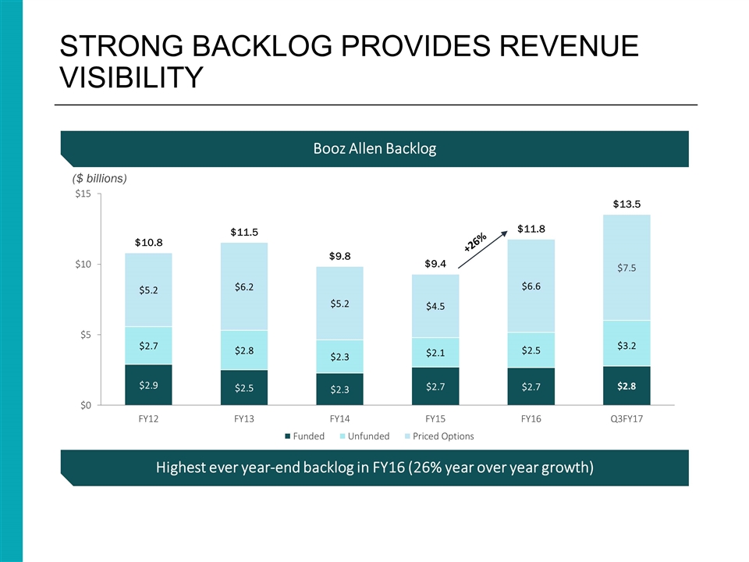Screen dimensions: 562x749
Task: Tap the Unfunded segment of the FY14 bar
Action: click(x=340, y=357)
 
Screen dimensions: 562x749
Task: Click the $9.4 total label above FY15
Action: click(x=436, y=264)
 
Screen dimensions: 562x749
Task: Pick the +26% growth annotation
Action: click(x=475, y=241)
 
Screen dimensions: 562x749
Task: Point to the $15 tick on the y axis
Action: click(x=81, y=194)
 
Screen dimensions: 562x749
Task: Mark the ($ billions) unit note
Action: click(x=94, y=178)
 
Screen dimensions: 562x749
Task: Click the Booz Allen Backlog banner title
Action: click(x=374, y=149)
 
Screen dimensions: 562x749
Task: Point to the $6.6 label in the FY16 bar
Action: click(x=532, y=286)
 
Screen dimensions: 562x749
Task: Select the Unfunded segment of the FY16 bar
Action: click(x=532, y=350)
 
